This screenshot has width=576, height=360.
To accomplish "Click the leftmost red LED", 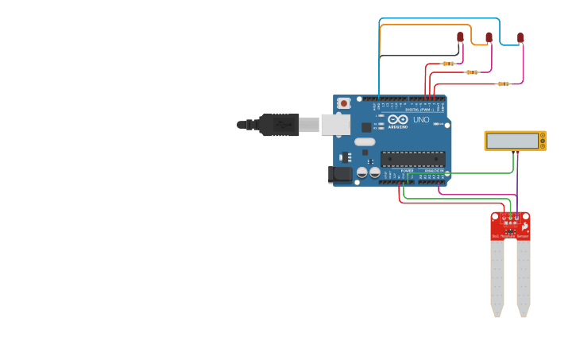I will (x=460, y=37).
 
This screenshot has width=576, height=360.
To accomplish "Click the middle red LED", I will (x=489, y=37).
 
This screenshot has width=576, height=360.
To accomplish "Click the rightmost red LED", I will (x=520, y=37).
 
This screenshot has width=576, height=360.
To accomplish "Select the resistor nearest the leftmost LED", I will (x=448, y=64).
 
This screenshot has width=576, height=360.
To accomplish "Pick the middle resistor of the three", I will (x=472, y=72).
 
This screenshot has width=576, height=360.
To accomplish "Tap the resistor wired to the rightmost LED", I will (x=502, y=83).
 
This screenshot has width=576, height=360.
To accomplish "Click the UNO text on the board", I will (x=420, y=120).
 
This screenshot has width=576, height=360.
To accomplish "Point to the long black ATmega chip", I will (x=412, y=158).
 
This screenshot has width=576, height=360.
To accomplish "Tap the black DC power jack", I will (x=341, y=174).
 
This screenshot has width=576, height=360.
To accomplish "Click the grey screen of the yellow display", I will (x=513, y=141).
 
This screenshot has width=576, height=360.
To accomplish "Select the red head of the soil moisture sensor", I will (x=510, y=226).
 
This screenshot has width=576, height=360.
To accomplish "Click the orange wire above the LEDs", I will (x=421, y=25).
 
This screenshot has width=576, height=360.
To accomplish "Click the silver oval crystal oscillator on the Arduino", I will (x=365, y=142).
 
